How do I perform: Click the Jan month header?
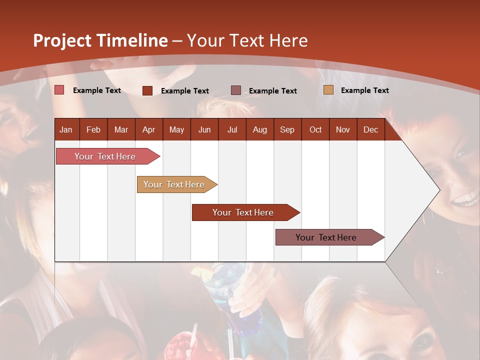tap(66, 130)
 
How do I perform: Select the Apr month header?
tap(149, 130)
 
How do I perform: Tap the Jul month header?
tap(232, 130)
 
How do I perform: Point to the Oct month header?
tap(315, 130)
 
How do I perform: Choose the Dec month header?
tap(370, 130)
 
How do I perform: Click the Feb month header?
tap(93, 130)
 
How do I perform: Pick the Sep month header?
tap(287, 130)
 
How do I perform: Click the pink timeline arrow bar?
tap(108, 156)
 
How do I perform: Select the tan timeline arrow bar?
tap(177, 184)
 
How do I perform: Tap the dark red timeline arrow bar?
tap(246, 212)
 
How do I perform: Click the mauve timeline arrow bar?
tap(330, 237)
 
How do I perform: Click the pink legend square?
tap(59, 89)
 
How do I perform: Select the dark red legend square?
tap(147, 90)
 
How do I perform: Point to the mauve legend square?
tap(236, 90)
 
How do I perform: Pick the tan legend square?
tap(328, 89)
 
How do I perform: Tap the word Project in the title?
tap(62, 41)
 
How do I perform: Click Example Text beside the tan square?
tap(365, 90)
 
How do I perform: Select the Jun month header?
tap(204, 130)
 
